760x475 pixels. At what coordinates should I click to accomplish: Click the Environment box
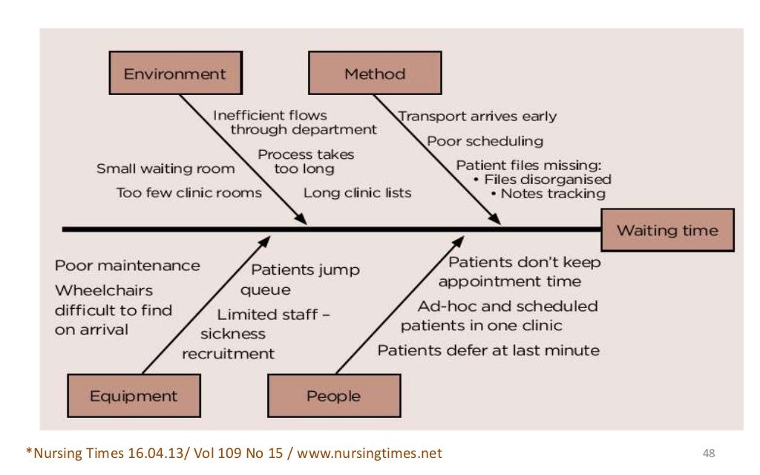[174, 73]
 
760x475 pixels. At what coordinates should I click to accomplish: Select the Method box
[375, 73]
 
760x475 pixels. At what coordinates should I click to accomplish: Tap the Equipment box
[134, 396]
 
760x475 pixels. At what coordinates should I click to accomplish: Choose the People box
[333, 396]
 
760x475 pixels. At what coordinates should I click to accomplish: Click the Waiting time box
[667, 230]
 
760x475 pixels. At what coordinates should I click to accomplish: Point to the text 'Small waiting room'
[166, 169]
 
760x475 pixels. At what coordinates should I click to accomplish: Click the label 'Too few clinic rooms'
[189, 193]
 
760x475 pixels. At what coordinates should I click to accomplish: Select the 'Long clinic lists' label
[357, 193]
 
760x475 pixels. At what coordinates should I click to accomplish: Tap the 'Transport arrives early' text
[477, 117]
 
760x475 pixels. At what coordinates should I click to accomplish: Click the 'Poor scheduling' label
[485, 141]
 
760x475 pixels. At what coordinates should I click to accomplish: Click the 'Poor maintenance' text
[127, 266]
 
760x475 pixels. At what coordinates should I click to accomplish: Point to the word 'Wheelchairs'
[104, 290]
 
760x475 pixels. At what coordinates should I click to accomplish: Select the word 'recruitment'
[228, 353]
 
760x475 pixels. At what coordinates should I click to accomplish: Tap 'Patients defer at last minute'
[488, 350]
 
